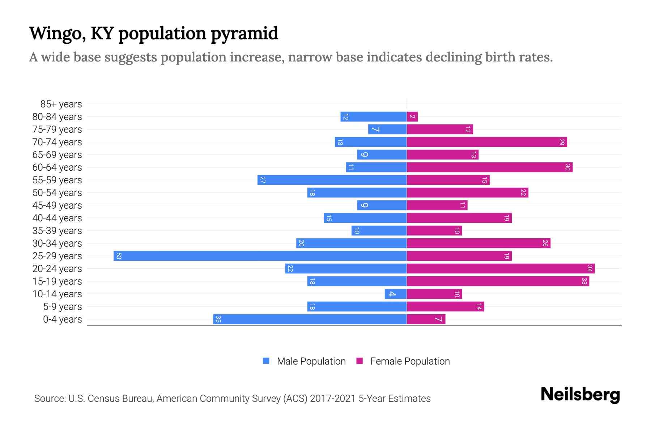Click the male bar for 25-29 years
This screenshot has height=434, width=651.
260,256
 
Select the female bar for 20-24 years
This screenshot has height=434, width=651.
501,269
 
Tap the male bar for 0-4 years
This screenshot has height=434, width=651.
310,319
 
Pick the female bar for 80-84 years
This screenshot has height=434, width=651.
412,117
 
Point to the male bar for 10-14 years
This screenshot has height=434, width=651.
396,294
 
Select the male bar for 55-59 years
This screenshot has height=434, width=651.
332,180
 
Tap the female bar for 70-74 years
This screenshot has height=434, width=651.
487,142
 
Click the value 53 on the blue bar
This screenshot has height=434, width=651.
119,256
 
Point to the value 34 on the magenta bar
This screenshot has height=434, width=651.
590,269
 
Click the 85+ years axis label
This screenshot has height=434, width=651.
61,104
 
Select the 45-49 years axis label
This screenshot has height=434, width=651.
57,205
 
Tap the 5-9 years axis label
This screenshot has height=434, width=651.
63,307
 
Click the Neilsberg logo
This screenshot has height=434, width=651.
580,395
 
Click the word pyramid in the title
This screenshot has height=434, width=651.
244,34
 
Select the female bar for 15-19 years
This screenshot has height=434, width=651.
498,281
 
